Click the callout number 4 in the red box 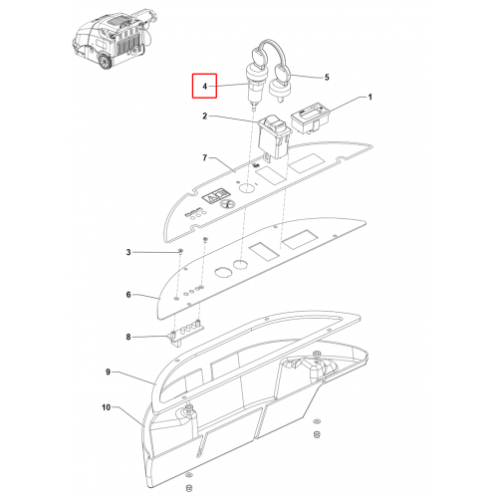pyautogui.click(x=205, y=87)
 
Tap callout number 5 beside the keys pyautogui.click(x=327, y=78)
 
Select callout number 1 pyautogui.click(x=370, y=97)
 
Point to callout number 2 pyautogui.click(x=205, y=116)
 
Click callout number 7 pyautogui.click(x=205, y=157)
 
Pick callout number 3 pyautogui.click(x=128, y=252)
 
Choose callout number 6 pyautogui.click(x=128, y=295)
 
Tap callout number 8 pyautogui.click(x=128, y=337)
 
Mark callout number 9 pyautogui.click(x=108, y=372)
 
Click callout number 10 pyautogui.click(x=106, y=407)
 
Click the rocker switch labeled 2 pyautogui.click(x=275, y=137)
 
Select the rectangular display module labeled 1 pyautogui.click(x=310, y=118)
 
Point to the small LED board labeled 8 pyautogui.click(x=187, y=334)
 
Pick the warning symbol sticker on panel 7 pyautogui.click(x=216, y=197)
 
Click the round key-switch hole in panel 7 pyautogui.click(x=246, y=188)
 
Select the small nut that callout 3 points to pyautogui.click(x=180, y=250)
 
